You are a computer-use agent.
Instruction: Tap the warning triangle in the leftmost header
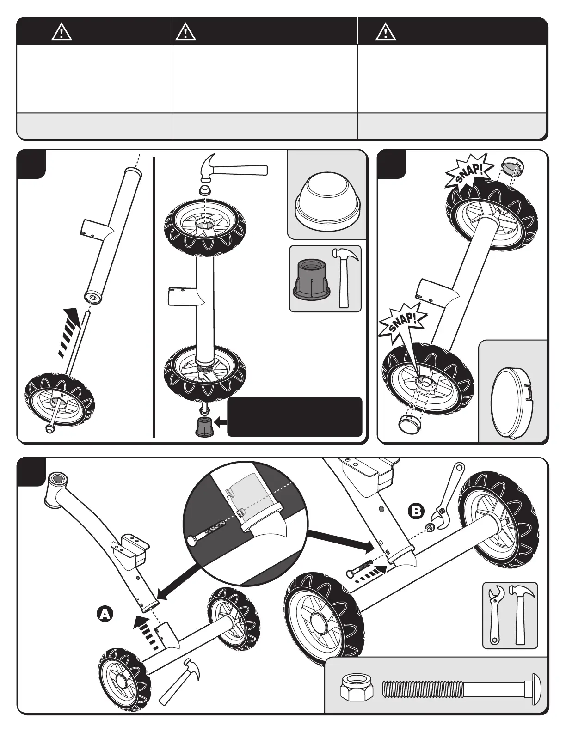tap(62, 32)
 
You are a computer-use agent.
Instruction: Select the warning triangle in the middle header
tap(185, 32)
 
